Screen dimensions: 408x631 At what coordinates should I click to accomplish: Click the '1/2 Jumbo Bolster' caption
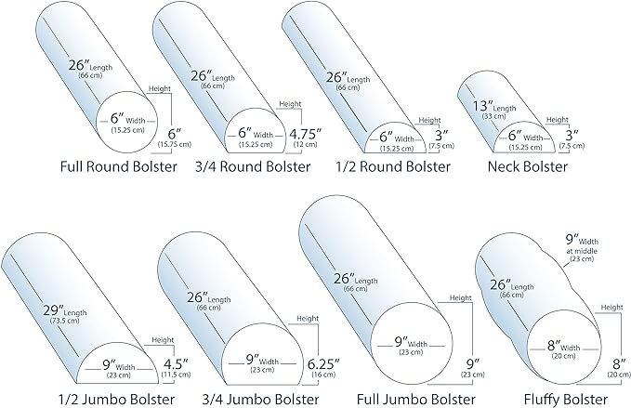tap(73, 397)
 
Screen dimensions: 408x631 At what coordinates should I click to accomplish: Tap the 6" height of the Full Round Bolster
tap(175, 131)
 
